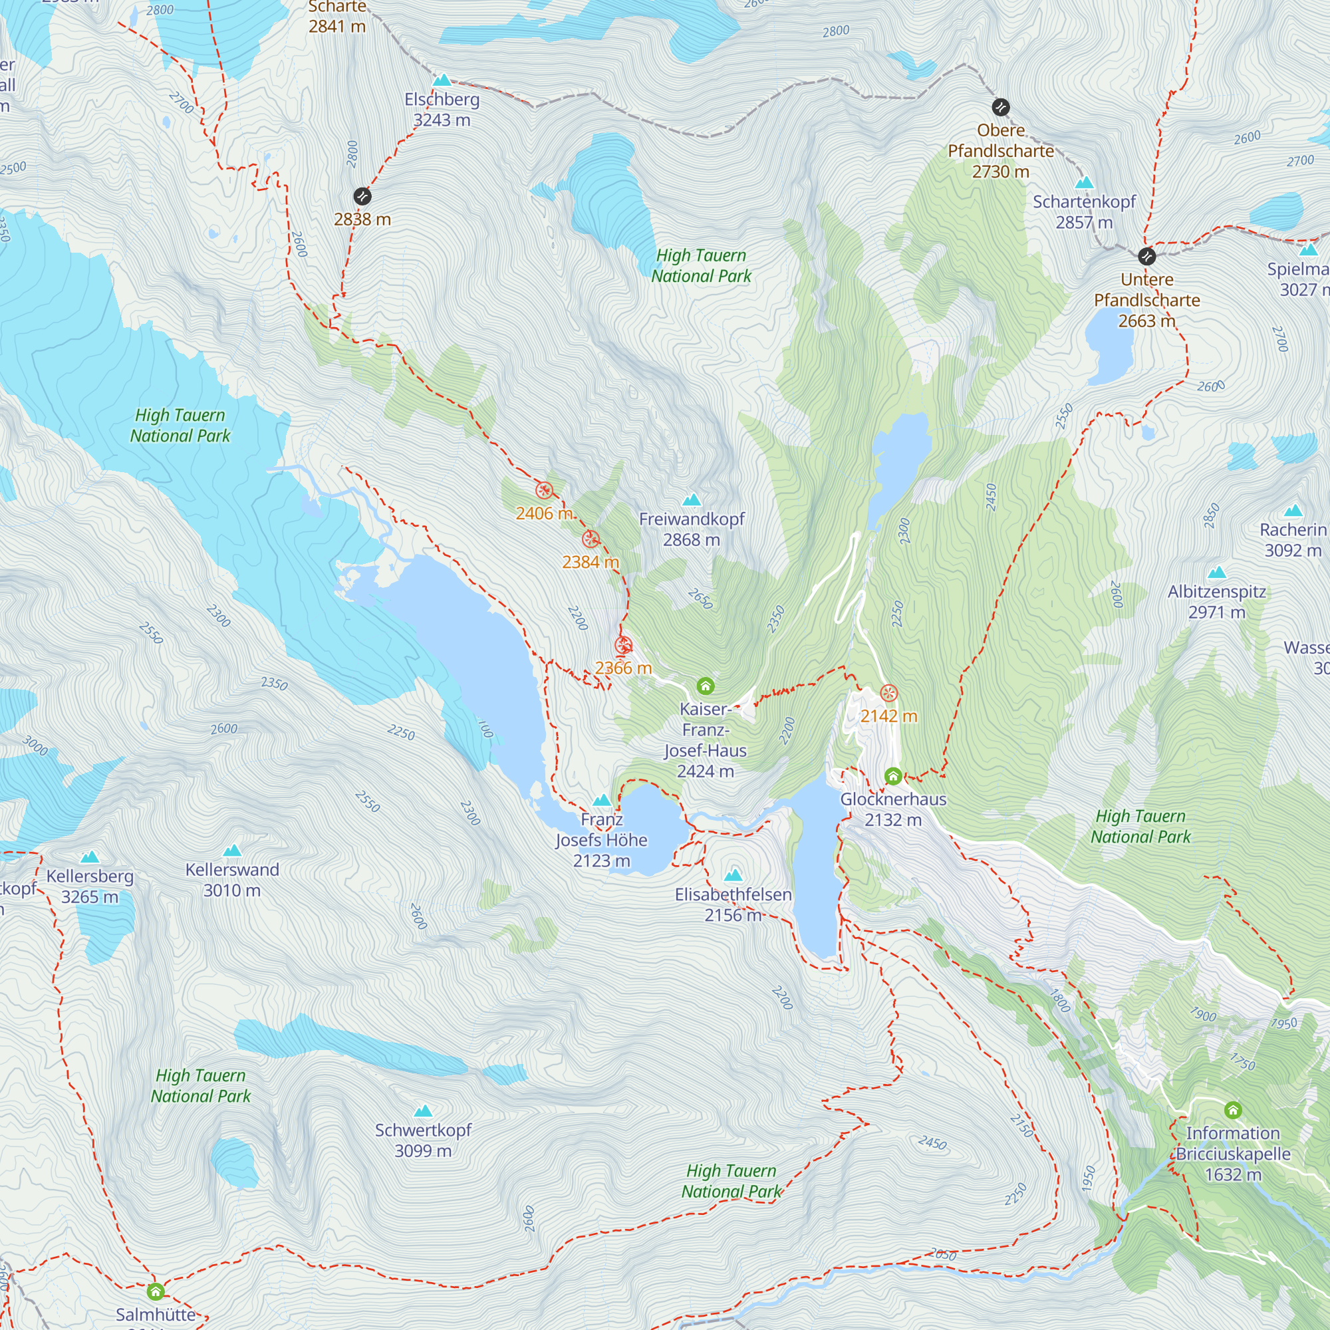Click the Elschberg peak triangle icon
click(x=442, y=80)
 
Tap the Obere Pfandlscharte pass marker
click(x=1000, y=107)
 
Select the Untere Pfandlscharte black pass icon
click(x=1146, y=257)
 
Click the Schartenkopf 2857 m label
click(x=1083, y=212)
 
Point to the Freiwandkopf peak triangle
click(x=691, y=500)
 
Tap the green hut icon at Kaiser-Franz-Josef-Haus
click(x=705, y=686)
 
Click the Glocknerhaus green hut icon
click(x=893, y=777)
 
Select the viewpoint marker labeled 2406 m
click(x=544, y=491)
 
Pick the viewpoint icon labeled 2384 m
click(x=591, y=540)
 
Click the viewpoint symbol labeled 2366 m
click(x=623, y=646)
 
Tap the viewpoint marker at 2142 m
click(x=888, y=693)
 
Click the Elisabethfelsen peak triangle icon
click(x=733, y=875)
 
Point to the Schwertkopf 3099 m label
click(x=423, y=1140)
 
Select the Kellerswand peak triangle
click(x=232, y=851)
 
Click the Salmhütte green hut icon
click(x=156, y=1291)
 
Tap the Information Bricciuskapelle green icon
click(x=1232, y=1111)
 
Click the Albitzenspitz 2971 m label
click(x=1216, y=602)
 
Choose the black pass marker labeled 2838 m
click(x=362, y=197)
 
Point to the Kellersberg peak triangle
click(x=90, y=858)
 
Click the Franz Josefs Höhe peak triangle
click(x=602, y=801)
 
